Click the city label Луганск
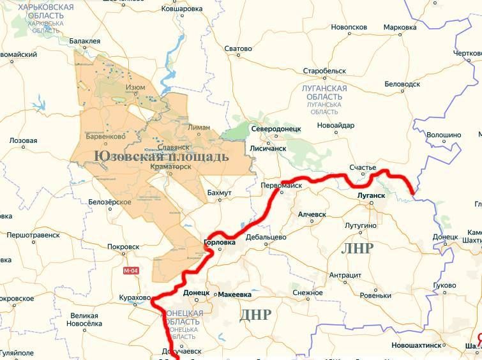click(372, 195)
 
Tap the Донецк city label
click(196, 293)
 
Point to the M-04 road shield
click(130, 271)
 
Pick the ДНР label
click(255, 314)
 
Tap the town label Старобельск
click(324, 71)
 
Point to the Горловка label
click(219, 243)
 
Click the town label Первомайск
click(282, 185)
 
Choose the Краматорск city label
click(171, 167)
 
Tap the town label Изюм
click(135, 87)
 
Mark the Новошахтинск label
click(416, 345)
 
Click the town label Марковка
click(400, 27)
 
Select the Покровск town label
click(124, 246)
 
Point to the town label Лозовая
click(24, 140)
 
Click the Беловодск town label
click(402, 84)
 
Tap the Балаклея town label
click(85, 41)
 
